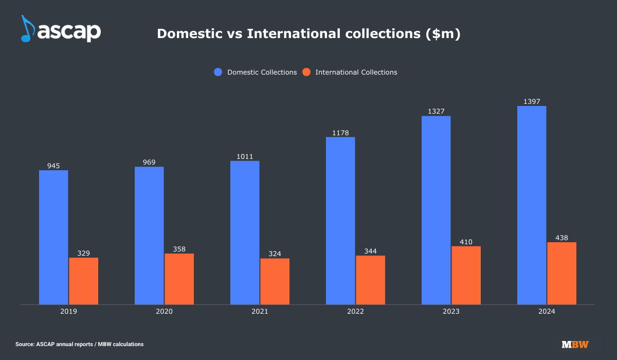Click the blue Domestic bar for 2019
(x=53, y=237)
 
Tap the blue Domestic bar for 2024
(x=532, y=205)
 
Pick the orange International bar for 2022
(x=370, y=280)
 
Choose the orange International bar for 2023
(x=466, y=275)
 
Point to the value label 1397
(x=532, y=102)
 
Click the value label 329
(x=83, y=253)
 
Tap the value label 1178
(x=340, y=133)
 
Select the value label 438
(x=561, y=238)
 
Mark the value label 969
(x=149, y=163)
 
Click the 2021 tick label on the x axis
(x=260, y=312)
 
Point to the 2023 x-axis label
(x=451, y=312)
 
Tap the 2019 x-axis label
(x=68, y=312)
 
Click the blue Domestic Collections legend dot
(x=218, y=72)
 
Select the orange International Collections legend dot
(x=306, y=72)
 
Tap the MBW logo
(x=575, y=344)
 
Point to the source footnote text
(x=80, y=344)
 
